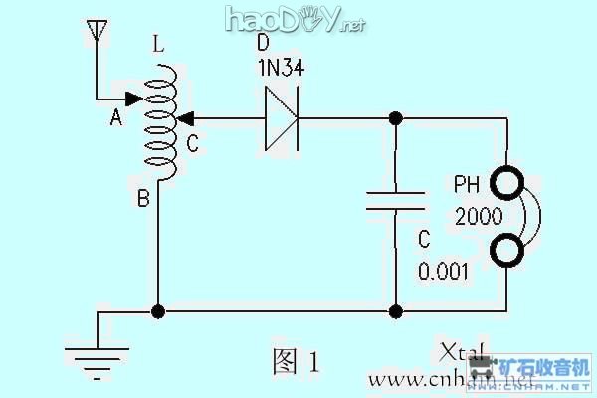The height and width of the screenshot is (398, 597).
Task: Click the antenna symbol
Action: pos(97,32)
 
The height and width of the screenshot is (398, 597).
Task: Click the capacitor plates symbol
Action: pos(395,200)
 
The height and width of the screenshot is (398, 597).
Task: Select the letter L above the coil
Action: pos(160,46)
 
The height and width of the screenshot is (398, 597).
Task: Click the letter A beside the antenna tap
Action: pos(115,118)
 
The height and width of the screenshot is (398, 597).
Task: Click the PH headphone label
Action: pos(468,185)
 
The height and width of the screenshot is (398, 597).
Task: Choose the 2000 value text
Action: pos(475,216)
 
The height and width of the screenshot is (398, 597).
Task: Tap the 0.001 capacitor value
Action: pos(443,272)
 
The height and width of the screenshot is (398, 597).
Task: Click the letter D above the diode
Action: pos(262,46)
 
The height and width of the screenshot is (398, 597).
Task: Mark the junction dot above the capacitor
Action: pos(395,119)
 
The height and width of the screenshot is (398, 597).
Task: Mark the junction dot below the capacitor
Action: pos(395,311)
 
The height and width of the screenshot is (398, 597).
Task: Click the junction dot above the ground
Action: pos(157,311)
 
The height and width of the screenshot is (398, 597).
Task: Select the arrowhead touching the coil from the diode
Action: pos(183,119)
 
